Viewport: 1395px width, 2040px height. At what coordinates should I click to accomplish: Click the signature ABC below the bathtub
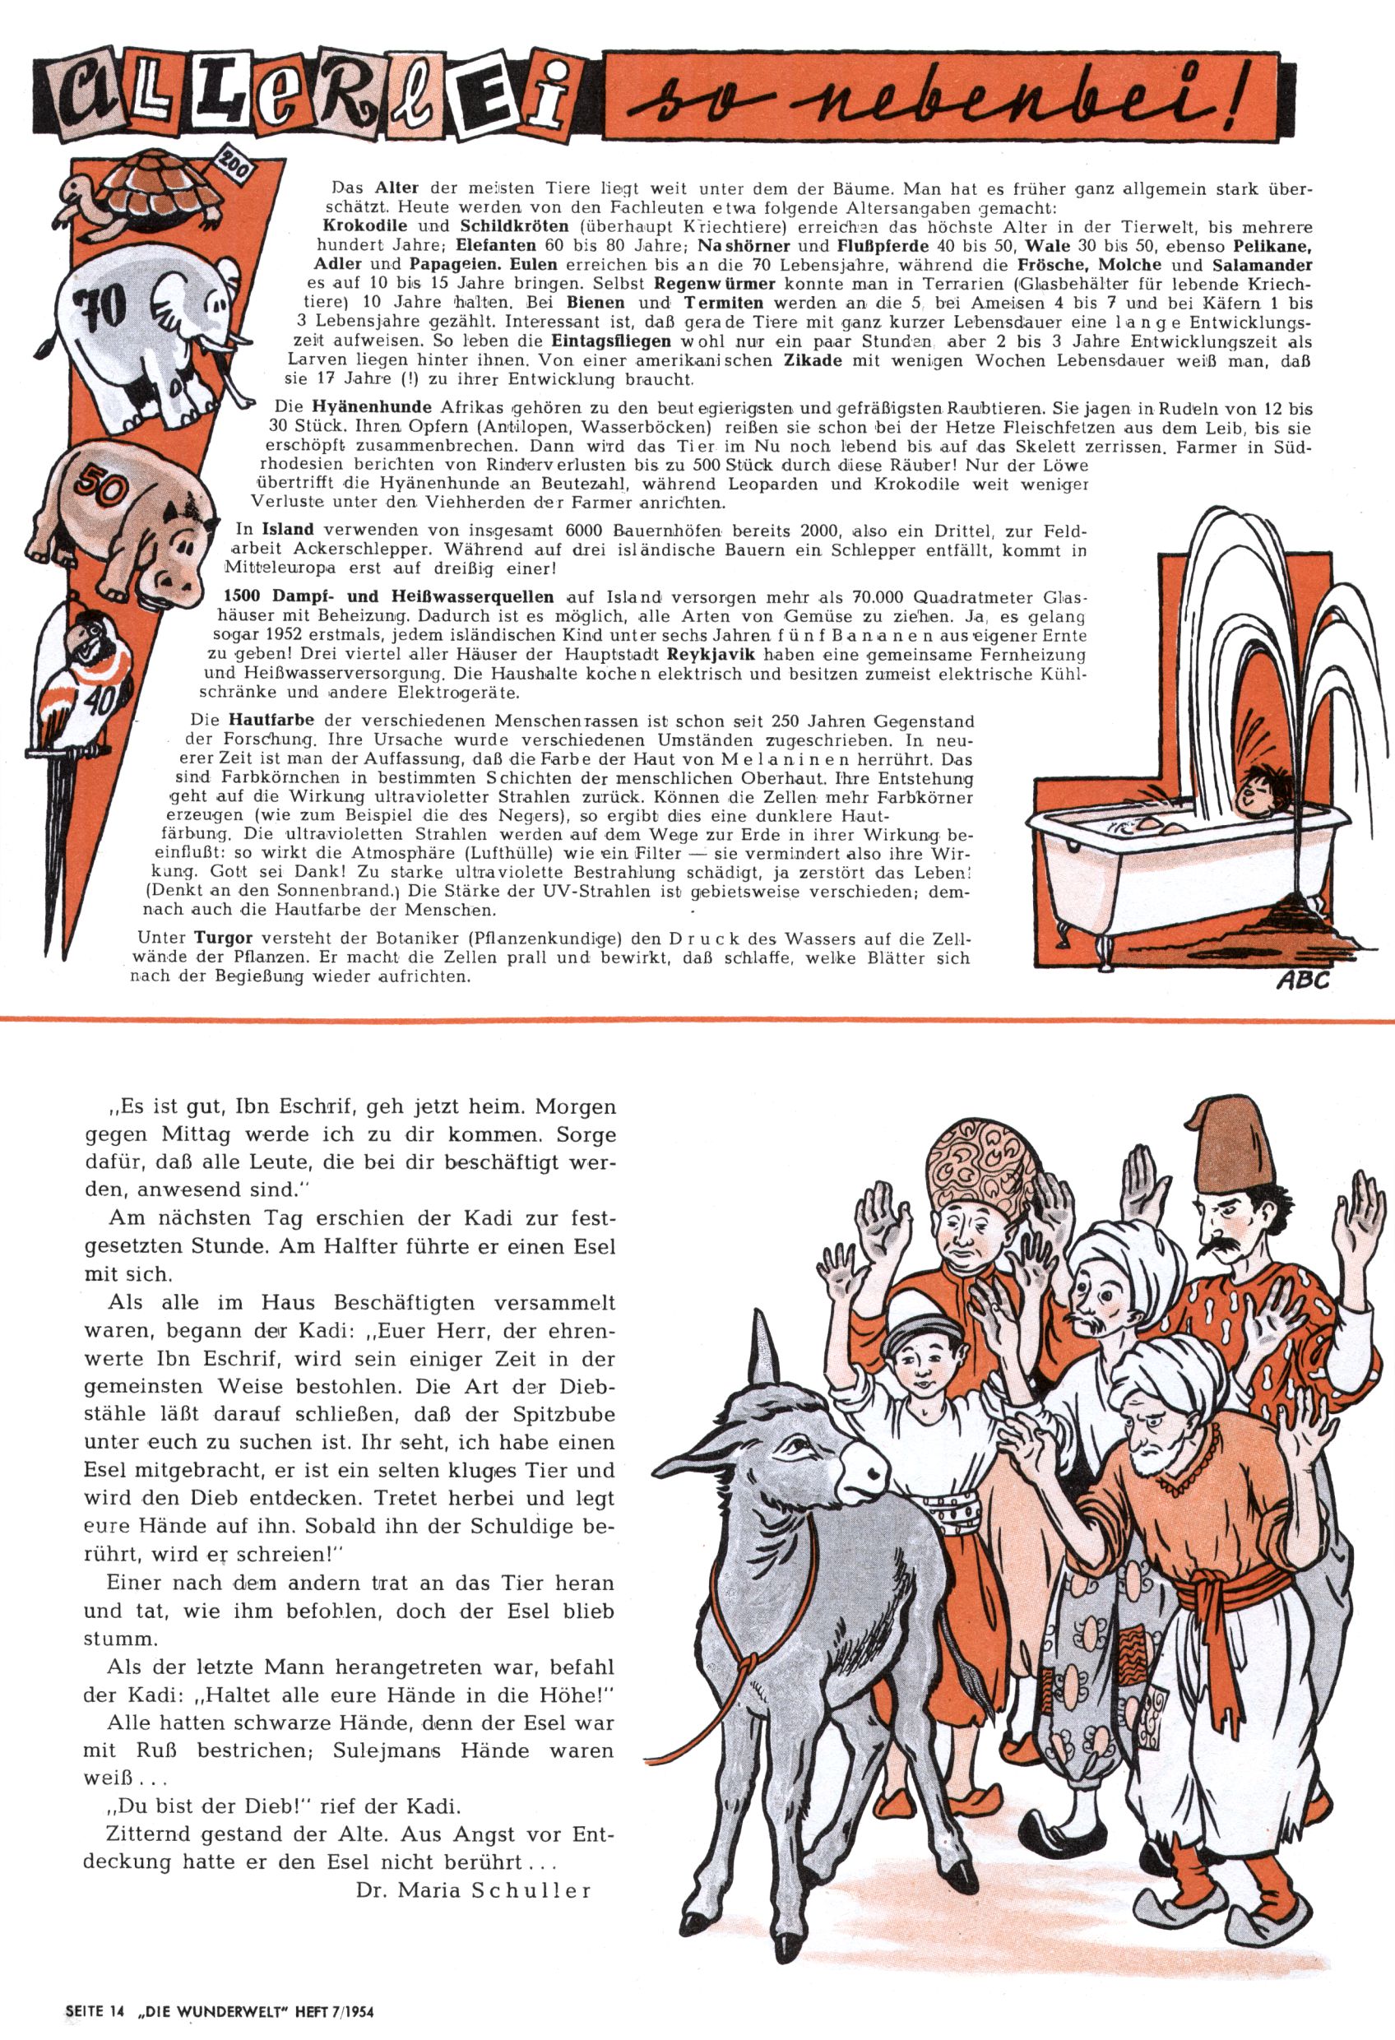point(1302,980)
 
